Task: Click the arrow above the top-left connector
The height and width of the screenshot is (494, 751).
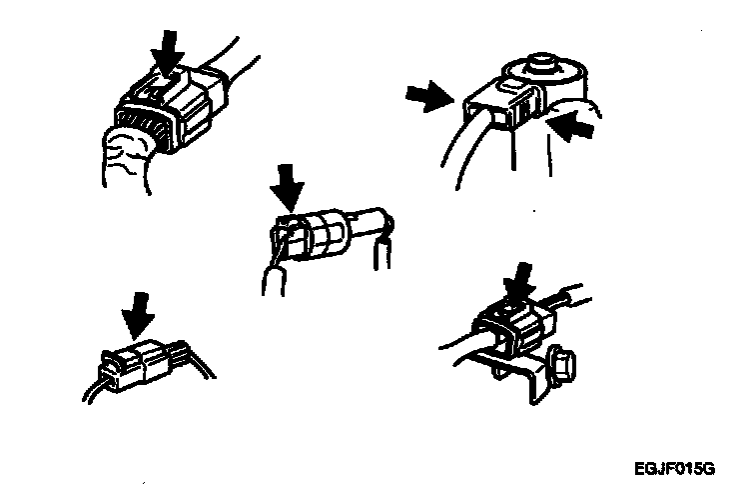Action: pos(167,52)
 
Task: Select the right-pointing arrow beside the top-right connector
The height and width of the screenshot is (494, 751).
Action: pos(429,95)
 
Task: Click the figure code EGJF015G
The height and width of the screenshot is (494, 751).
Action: pos(674,468)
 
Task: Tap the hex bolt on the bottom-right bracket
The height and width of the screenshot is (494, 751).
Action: pos(562,366)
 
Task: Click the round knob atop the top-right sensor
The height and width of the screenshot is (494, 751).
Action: pos(541,64)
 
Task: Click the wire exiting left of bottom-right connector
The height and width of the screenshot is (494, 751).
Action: pos(457,339)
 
